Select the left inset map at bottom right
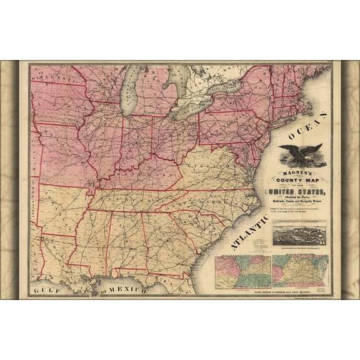coord(243,271)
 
